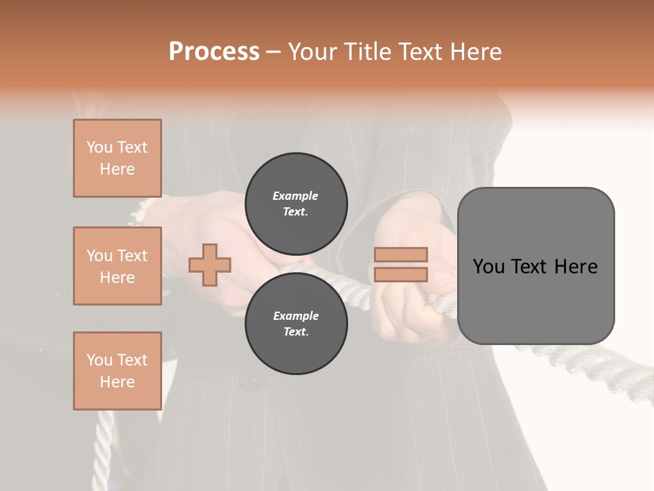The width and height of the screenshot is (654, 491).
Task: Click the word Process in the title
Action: click(214, 52)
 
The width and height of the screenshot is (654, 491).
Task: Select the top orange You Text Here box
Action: click(117, 158)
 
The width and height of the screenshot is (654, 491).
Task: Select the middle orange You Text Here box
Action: click(117, 266)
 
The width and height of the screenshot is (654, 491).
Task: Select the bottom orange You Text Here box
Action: click(117, 371)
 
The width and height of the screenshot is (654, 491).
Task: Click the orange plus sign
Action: click(210, 265)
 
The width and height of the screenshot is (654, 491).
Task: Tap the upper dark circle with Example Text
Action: click(296, 204)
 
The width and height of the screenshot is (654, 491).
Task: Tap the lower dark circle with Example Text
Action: click(296, 324)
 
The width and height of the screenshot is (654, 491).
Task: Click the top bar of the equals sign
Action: click(401, 254)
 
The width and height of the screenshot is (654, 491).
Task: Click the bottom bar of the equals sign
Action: click(401, 274)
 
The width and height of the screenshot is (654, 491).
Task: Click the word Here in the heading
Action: click(474, 52)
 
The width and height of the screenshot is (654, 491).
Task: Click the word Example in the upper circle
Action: click(296, 196)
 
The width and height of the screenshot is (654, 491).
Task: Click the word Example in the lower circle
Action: click(296, 316)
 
